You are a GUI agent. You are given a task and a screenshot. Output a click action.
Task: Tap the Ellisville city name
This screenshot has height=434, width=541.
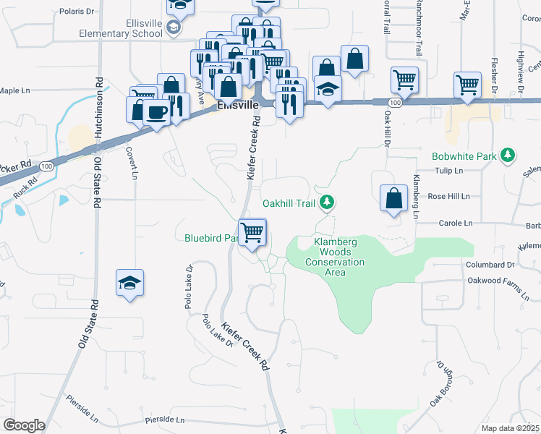coord(237,106)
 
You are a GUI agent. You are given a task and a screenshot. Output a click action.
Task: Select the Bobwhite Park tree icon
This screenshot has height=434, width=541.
coord(508,155)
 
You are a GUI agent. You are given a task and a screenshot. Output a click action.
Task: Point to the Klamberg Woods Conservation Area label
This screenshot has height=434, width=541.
coord(335,258)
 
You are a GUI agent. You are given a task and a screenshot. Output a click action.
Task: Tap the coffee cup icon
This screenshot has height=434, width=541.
coord(157,111)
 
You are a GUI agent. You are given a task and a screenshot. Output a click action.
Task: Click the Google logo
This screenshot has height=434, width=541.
coord(24,425)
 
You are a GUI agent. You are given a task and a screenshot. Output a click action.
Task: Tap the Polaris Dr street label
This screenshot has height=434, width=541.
coord(78,12)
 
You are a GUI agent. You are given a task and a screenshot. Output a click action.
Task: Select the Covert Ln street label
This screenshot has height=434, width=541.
coord(132,161)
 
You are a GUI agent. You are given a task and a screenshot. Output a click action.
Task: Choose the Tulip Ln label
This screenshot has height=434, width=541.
coord(448,171)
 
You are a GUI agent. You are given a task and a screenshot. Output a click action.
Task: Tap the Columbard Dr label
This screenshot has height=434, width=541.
coord(490,265)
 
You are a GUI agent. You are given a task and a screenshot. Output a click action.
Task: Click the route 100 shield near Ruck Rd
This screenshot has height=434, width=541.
coord(46,166)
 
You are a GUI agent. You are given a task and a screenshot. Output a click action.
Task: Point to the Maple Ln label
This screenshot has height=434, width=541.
coord(14,90)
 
